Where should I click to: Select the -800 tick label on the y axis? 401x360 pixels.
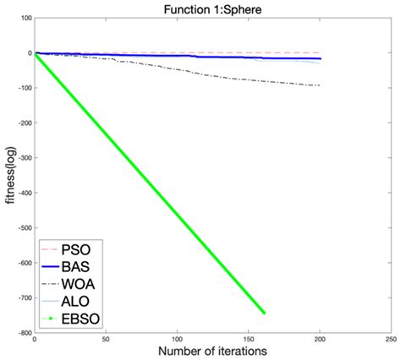pos(21,333)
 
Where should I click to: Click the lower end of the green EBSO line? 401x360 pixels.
pos(264,314)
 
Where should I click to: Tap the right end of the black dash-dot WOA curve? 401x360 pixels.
pos(320,85)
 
